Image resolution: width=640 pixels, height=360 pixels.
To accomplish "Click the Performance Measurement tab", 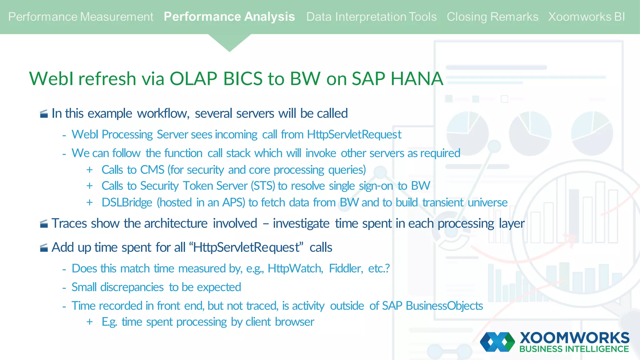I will (x=81, y=17).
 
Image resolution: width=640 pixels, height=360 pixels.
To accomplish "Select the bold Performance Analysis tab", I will (x=229, y=17).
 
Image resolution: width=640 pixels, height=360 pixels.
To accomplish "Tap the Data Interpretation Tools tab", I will (x=371, y=17).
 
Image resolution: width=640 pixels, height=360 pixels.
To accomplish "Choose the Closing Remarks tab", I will (x=492, y=17).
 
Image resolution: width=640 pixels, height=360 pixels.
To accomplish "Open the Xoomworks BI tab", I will (x=586, y=17).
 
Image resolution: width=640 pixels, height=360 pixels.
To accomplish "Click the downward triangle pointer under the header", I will (x=229, y=42).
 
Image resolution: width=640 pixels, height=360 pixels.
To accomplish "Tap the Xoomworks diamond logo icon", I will (x=497, y=342).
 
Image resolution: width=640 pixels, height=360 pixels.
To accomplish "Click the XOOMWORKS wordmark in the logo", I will (x=574, y=338).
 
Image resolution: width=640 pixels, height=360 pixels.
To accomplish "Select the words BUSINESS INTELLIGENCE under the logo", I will (x=574, y=349).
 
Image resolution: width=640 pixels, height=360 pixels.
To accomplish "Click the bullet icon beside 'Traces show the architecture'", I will (x=44, y=224).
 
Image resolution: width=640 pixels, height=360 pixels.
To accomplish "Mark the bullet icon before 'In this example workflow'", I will (x=44, y=114).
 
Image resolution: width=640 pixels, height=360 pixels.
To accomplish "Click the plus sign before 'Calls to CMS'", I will (x=90, y=170).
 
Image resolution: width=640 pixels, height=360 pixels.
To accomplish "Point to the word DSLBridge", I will (x=127, y=202).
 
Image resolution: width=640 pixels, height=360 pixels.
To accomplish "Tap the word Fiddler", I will (x=346, y=268).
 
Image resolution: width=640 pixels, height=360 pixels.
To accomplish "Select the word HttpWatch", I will (x=295, y=268).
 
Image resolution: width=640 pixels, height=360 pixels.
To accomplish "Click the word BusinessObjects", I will (x=444, y=306).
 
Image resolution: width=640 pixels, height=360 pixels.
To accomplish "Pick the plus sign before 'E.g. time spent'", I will (x=90, y=322).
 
